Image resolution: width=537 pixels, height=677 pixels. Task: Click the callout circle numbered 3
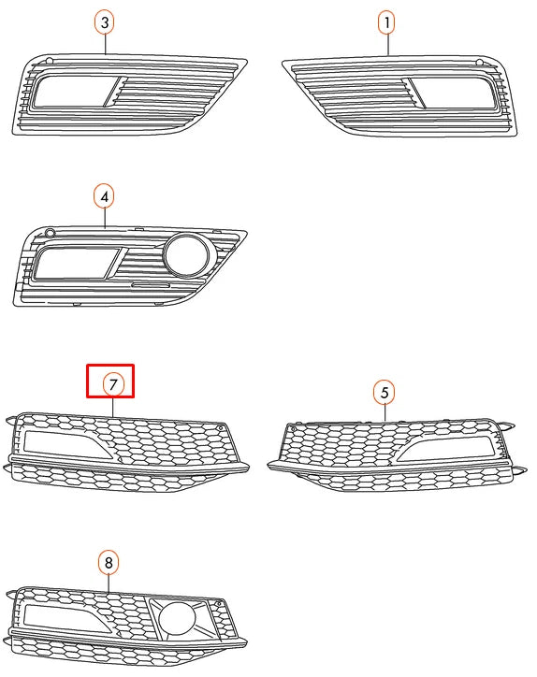105,21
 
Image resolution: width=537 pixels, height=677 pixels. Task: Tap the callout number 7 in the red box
110,383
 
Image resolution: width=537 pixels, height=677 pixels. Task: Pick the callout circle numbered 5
384,391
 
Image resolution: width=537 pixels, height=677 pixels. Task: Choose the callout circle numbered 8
109,562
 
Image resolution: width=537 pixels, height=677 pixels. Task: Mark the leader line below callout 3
105,42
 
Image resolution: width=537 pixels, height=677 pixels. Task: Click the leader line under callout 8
109,582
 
